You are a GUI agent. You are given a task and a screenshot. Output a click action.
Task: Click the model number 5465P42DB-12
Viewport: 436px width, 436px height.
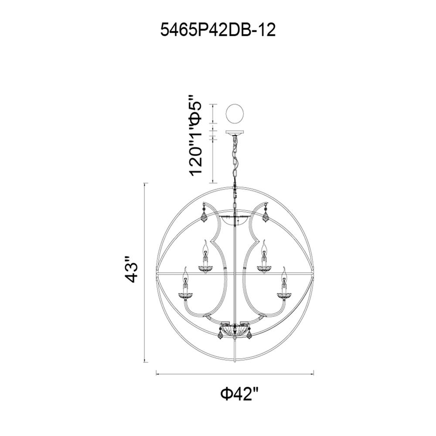click(218, 30)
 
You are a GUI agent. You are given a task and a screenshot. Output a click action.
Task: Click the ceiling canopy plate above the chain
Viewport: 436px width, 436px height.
click(235, 133)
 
